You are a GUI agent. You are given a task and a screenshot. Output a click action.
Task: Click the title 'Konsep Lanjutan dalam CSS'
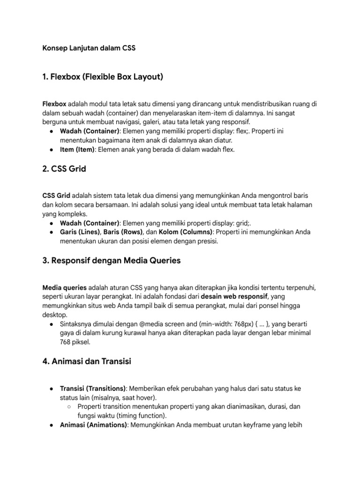(x=89, y=48)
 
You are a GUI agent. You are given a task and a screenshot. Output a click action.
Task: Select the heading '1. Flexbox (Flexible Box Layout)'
(x=103, y=76)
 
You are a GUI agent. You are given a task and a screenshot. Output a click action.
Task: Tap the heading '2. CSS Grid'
(x=64, y=169)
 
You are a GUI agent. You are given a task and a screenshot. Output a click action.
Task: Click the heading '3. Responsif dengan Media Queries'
(x=112, y=261)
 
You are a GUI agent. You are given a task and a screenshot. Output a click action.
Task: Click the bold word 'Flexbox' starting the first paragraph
(x=55, y=104)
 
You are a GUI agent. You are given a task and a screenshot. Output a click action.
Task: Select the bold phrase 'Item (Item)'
(x=77, y=150)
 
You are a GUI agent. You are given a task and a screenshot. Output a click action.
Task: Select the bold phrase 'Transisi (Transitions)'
(x=93, y=389)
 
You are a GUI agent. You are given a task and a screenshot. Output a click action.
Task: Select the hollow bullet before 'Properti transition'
(x=69, y=407)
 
